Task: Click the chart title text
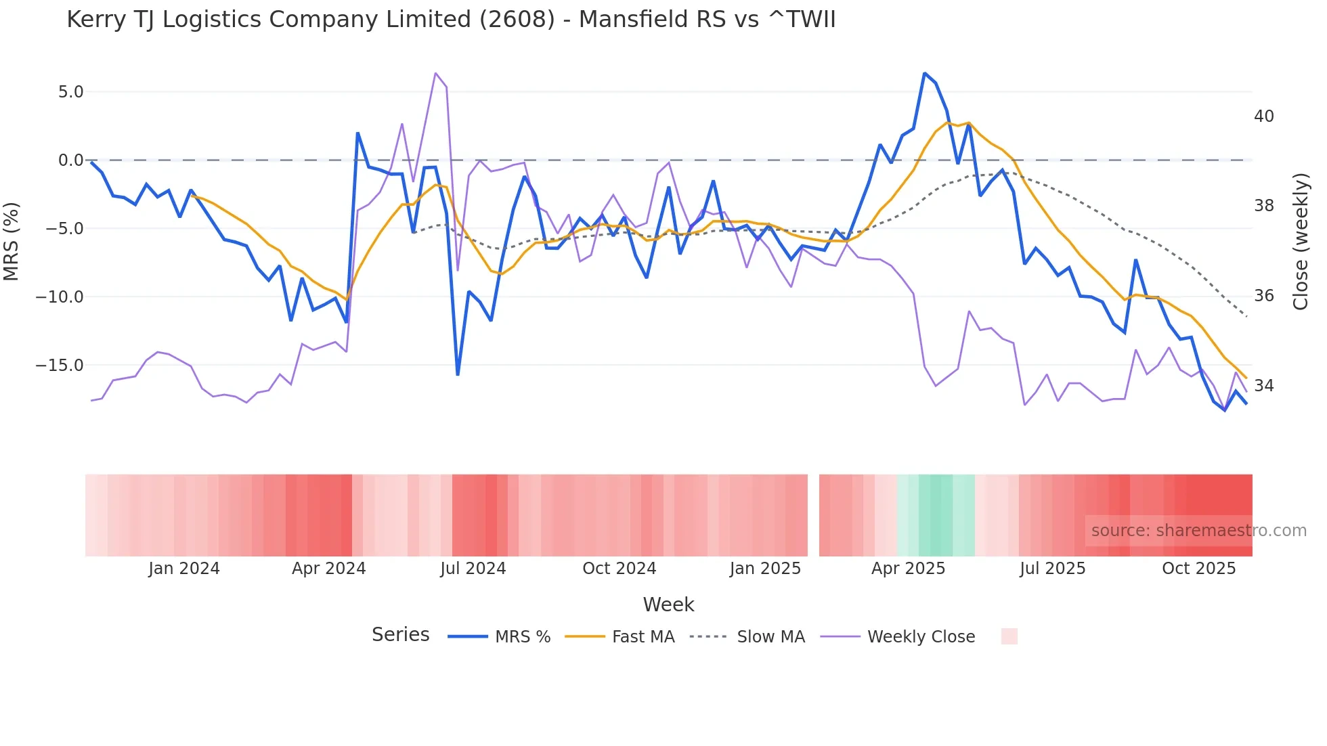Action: coord(451,20)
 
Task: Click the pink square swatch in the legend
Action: coord(1009,636)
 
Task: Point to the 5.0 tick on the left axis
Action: coord(70,92)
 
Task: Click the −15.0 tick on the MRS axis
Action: coord(60,366)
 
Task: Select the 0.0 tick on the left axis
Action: coord(70,160)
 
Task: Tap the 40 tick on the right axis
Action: coord(1263,116)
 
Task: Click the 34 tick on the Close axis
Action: coord(1263,386)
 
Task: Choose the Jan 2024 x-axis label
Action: coord(184,569)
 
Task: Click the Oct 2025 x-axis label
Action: coord(1198,569)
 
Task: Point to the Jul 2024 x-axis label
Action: coord(473,569)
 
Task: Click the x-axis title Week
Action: coord(668,605)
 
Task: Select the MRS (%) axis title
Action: coord(12,242)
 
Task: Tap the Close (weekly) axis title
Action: coord(1300,242)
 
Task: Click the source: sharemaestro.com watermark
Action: coord(1198,531)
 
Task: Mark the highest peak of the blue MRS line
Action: coord(924,73)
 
